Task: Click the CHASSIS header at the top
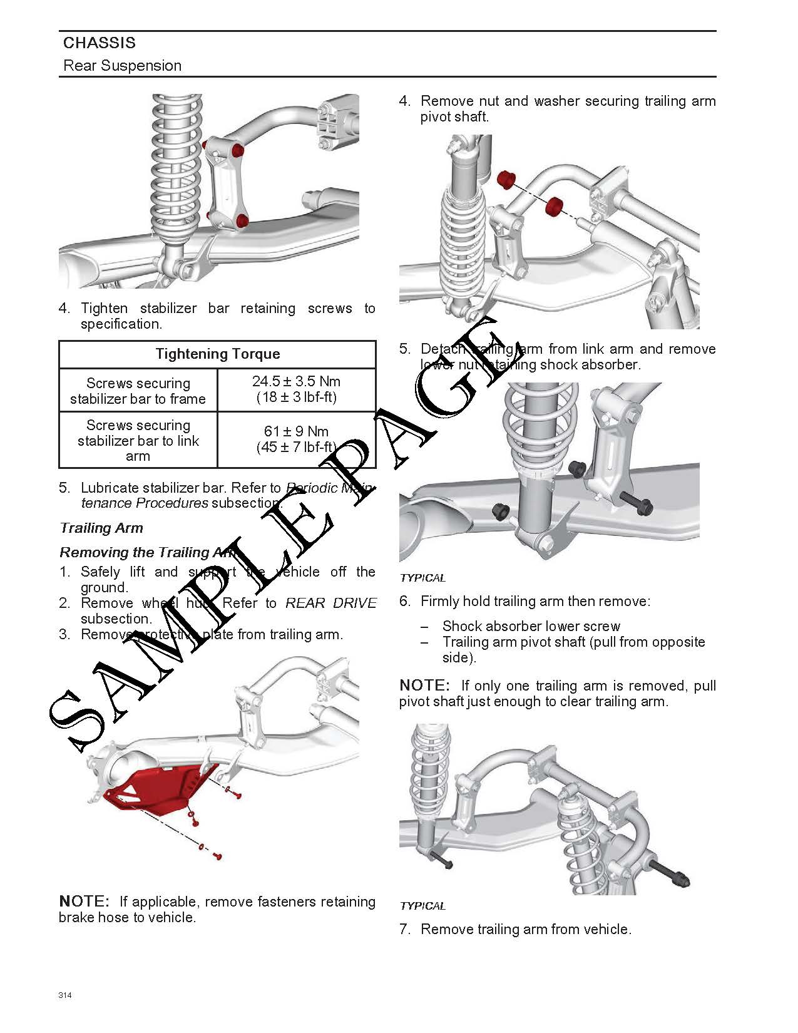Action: tap(99, 43)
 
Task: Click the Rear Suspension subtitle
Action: tap(123, 66)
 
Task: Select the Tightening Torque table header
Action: tap(217, 354)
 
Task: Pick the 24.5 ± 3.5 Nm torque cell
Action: tap(296, 389)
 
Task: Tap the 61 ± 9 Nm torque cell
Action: tap(296, 439)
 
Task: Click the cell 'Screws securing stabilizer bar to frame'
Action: tap(138, 391)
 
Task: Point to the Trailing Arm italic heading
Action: tap(101, 528)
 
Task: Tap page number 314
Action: tap(65, 995)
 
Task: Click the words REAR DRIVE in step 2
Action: tap(331, 604)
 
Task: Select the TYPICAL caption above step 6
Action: tap(422, 578)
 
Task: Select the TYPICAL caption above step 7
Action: tap(422, 906)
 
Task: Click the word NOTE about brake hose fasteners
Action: tap(84, 902)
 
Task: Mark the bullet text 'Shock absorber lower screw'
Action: tap(531, 627)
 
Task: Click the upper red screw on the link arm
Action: tap(238, 152)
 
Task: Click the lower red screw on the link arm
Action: tap(242, 220)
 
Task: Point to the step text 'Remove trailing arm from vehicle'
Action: tap(526, 930)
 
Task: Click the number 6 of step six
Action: tap(404, 602)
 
